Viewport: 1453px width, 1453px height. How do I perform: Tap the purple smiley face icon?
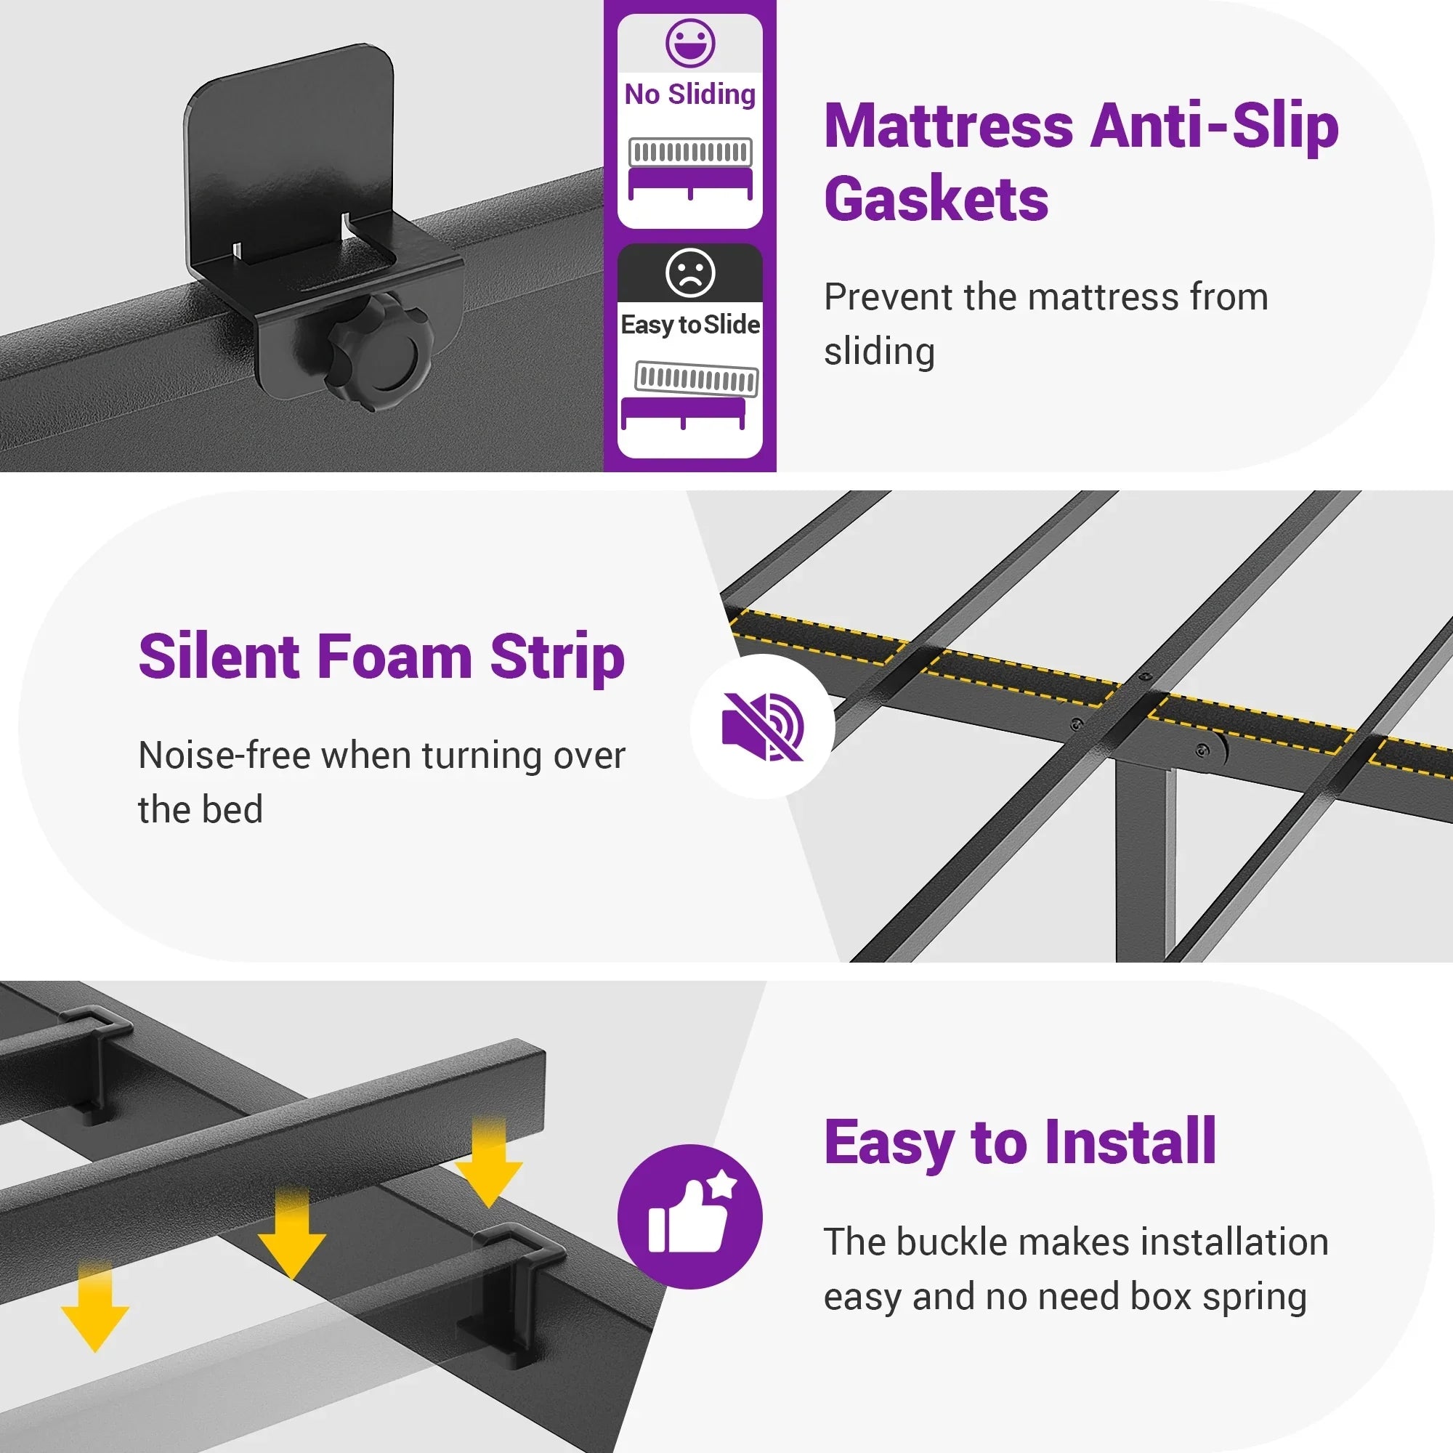click(x=689, y=43)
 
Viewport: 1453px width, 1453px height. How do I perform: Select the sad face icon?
click(x=689, y=272)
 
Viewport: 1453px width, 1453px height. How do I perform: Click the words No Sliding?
click(x=689, y=94)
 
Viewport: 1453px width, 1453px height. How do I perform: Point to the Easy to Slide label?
click(x=689, y=325)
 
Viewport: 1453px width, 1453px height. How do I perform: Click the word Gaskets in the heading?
click(x=936, y=198)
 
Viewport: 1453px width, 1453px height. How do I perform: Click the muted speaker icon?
click(x=763, y=726)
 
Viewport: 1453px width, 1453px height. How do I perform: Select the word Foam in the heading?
click(x=394, y=657)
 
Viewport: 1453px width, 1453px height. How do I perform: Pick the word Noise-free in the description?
click(x=224, y=755)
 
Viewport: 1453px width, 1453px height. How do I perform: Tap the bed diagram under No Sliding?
click(x=689, y=169)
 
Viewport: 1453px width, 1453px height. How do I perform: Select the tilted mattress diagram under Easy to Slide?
click(x=689, y=396)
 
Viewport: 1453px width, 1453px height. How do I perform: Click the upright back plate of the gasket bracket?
click(x=290, y=150)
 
